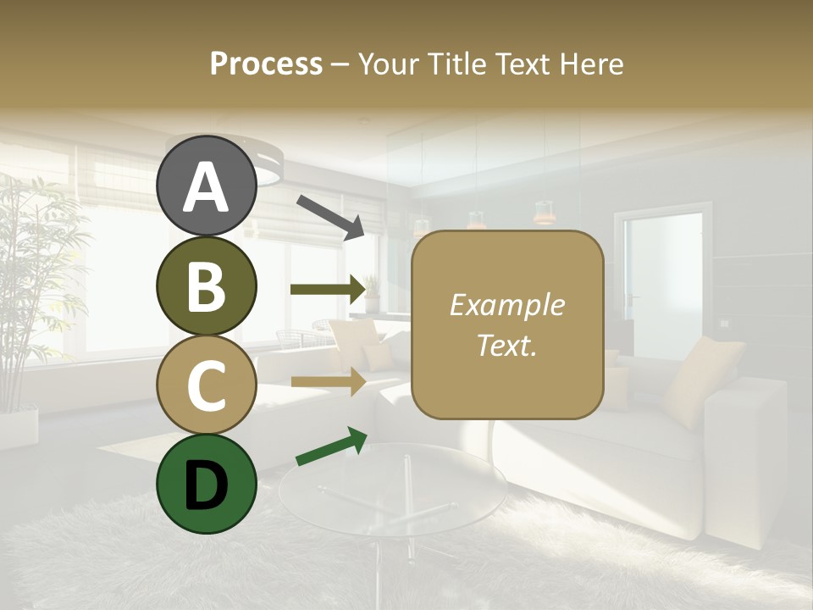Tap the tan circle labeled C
coord(206,385)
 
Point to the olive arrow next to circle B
coord(327,289)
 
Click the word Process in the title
coord(266,64)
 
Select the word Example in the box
coord(507,305)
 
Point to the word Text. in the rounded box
coord(507,345)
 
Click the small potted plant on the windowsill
coord(371,294)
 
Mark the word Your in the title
coord(386,64)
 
